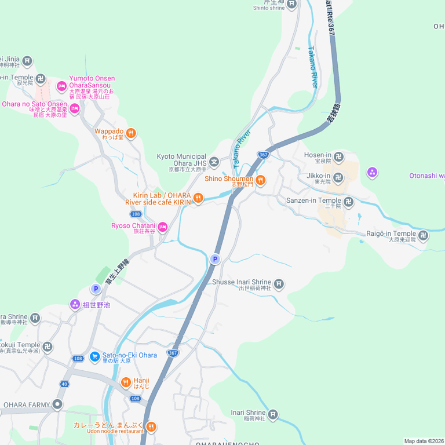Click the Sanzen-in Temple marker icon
pos(348,202)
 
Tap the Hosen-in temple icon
pos(339,157)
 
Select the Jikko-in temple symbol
pos(339,177)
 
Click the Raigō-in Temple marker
pos(424,235)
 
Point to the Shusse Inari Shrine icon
pos(279,284)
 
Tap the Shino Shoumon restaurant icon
pos(261,181)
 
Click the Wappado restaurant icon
pos(132,133)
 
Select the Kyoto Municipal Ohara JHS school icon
pos(214,162)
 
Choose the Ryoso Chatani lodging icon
pos(163,227)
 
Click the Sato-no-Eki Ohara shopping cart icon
pos(95,356)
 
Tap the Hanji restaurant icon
pos(126,382)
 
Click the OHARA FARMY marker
pos(57,404)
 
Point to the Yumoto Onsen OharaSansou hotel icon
pos(61,86)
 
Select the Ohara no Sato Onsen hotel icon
pos(74,108)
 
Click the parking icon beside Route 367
pos(215,259)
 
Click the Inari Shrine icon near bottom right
pos(272,414)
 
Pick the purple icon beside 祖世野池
pos(75,304)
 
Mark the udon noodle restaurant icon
pos(151,428)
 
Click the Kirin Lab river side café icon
pos(198,198)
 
